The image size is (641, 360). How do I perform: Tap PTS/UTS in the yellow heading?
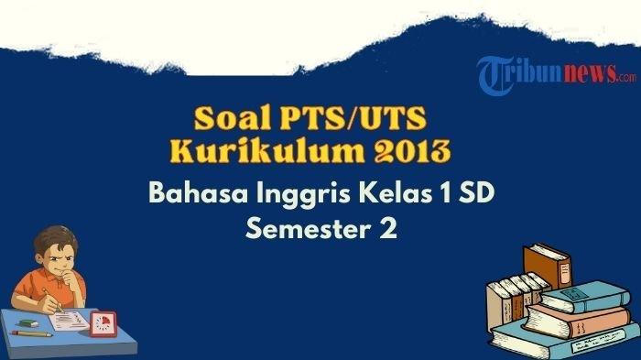(353, 118)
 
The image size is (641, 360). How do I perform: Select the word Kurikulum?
(267, 150)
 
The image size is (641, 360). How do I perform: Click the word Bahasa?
(199, 192)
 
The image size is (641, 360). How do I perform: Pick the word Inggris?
(303, 194)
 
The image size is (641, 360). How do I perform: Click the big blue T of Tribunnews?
(495, 75)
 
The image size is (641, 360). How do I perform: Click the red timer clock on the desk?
(103, 323)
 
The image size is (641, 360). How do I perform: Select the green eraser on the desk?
(28, 323)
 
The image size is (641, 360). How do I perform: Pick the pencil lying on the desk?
(32, 333)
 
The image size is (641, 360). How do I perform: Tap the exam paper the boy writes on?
(70, 320)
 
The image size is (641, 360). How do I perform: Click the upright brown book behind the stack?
(548, 266)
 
